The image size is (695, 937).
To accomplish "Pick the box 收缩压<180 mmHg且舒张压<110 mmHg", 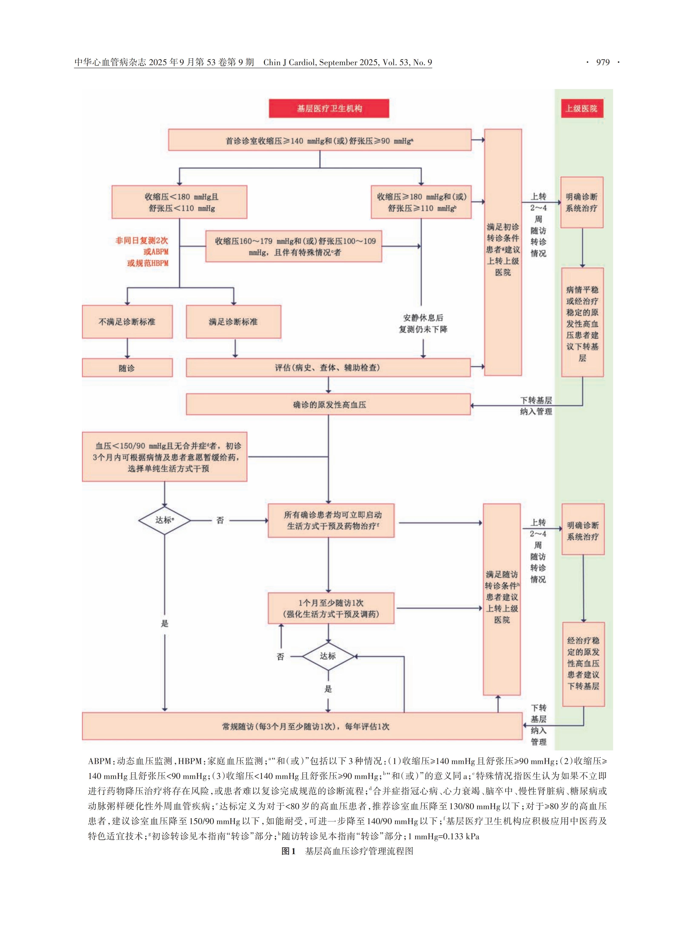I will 179,202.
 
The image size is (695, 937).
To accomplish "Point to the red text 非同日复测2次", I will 142,240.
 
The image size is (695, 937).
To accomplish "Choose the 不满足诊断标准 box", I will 127,322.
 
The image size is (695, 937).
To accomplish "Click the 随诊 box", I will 127,368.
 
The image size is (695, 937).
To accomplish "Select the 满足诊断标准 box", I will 233,322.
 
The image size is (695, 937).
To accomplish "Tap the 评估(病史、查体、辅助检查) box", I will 328,368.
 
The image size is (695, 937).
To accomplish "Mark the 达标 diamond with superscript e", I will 164,520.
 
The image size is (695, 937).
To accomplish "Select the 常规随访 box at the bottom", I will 302,726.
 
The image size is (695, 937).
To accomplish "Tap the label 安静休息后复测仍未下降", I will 423,323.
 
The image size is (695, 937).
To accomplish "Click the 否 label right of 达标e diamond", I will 220,521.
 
